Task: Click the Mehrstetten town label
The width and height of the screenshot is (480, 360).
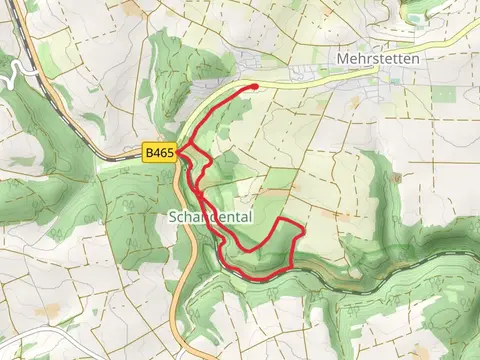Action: tap(378, 59)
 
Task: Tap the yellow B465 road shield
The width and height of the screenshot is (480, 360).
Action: tap(159, 153)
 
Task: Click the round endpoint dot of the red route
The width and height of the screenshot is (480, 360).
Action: tap(255, 87)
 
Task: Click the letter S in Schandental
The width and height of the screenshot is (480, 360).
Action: tap(174, 216)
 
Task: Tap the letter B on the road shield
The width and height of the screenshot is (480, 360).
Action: tap(148, 153)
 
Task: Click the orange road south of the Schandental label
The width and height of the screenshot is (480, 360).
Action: tap(183, 270)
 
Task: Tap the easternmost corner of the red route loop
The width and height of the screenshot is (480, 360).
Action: tap(302, 231)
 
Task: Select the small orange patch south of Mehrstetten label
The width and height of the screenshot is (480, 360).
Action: tap(355, 101)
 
